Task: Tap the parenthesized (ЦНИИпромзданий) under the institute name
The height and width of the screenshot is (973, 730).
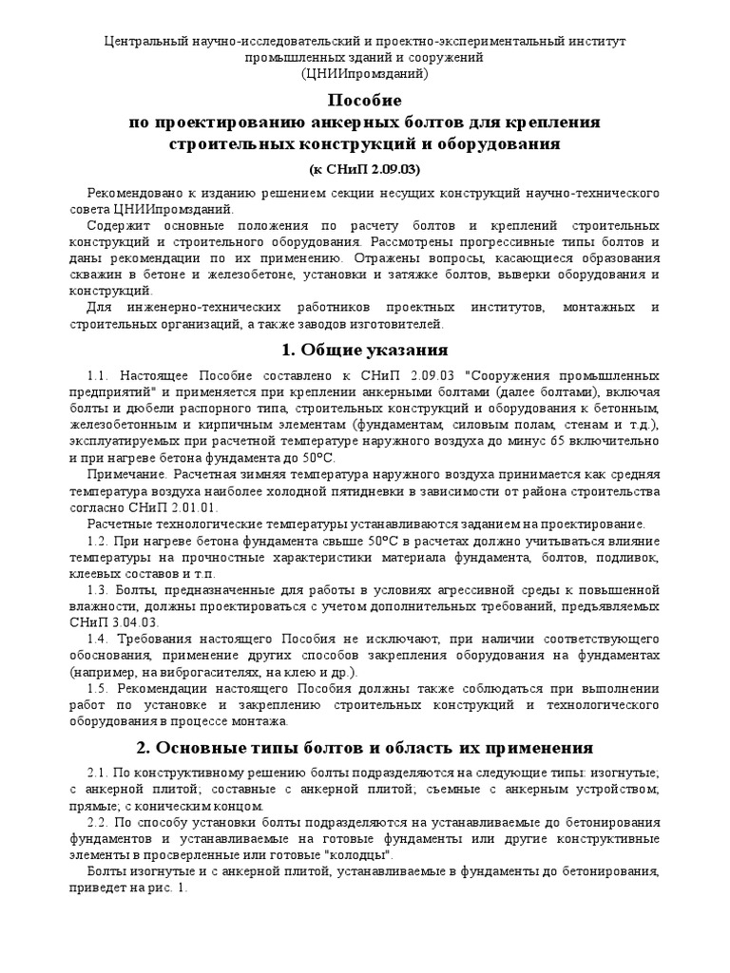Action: point(365,73)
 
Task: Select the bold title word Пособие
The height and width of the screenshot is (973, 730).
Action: point(365,101)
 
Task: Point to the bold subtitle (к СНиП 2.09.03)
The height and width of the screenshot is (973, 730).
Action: point(365,169)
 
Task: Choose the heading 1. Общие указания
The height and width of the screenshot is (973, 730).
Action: point(365,350)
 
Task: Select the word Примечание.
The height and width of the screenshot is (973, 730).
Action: point(126,474)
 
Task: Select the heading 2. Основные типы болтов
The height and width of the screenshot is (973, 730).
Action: point(365,747)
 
